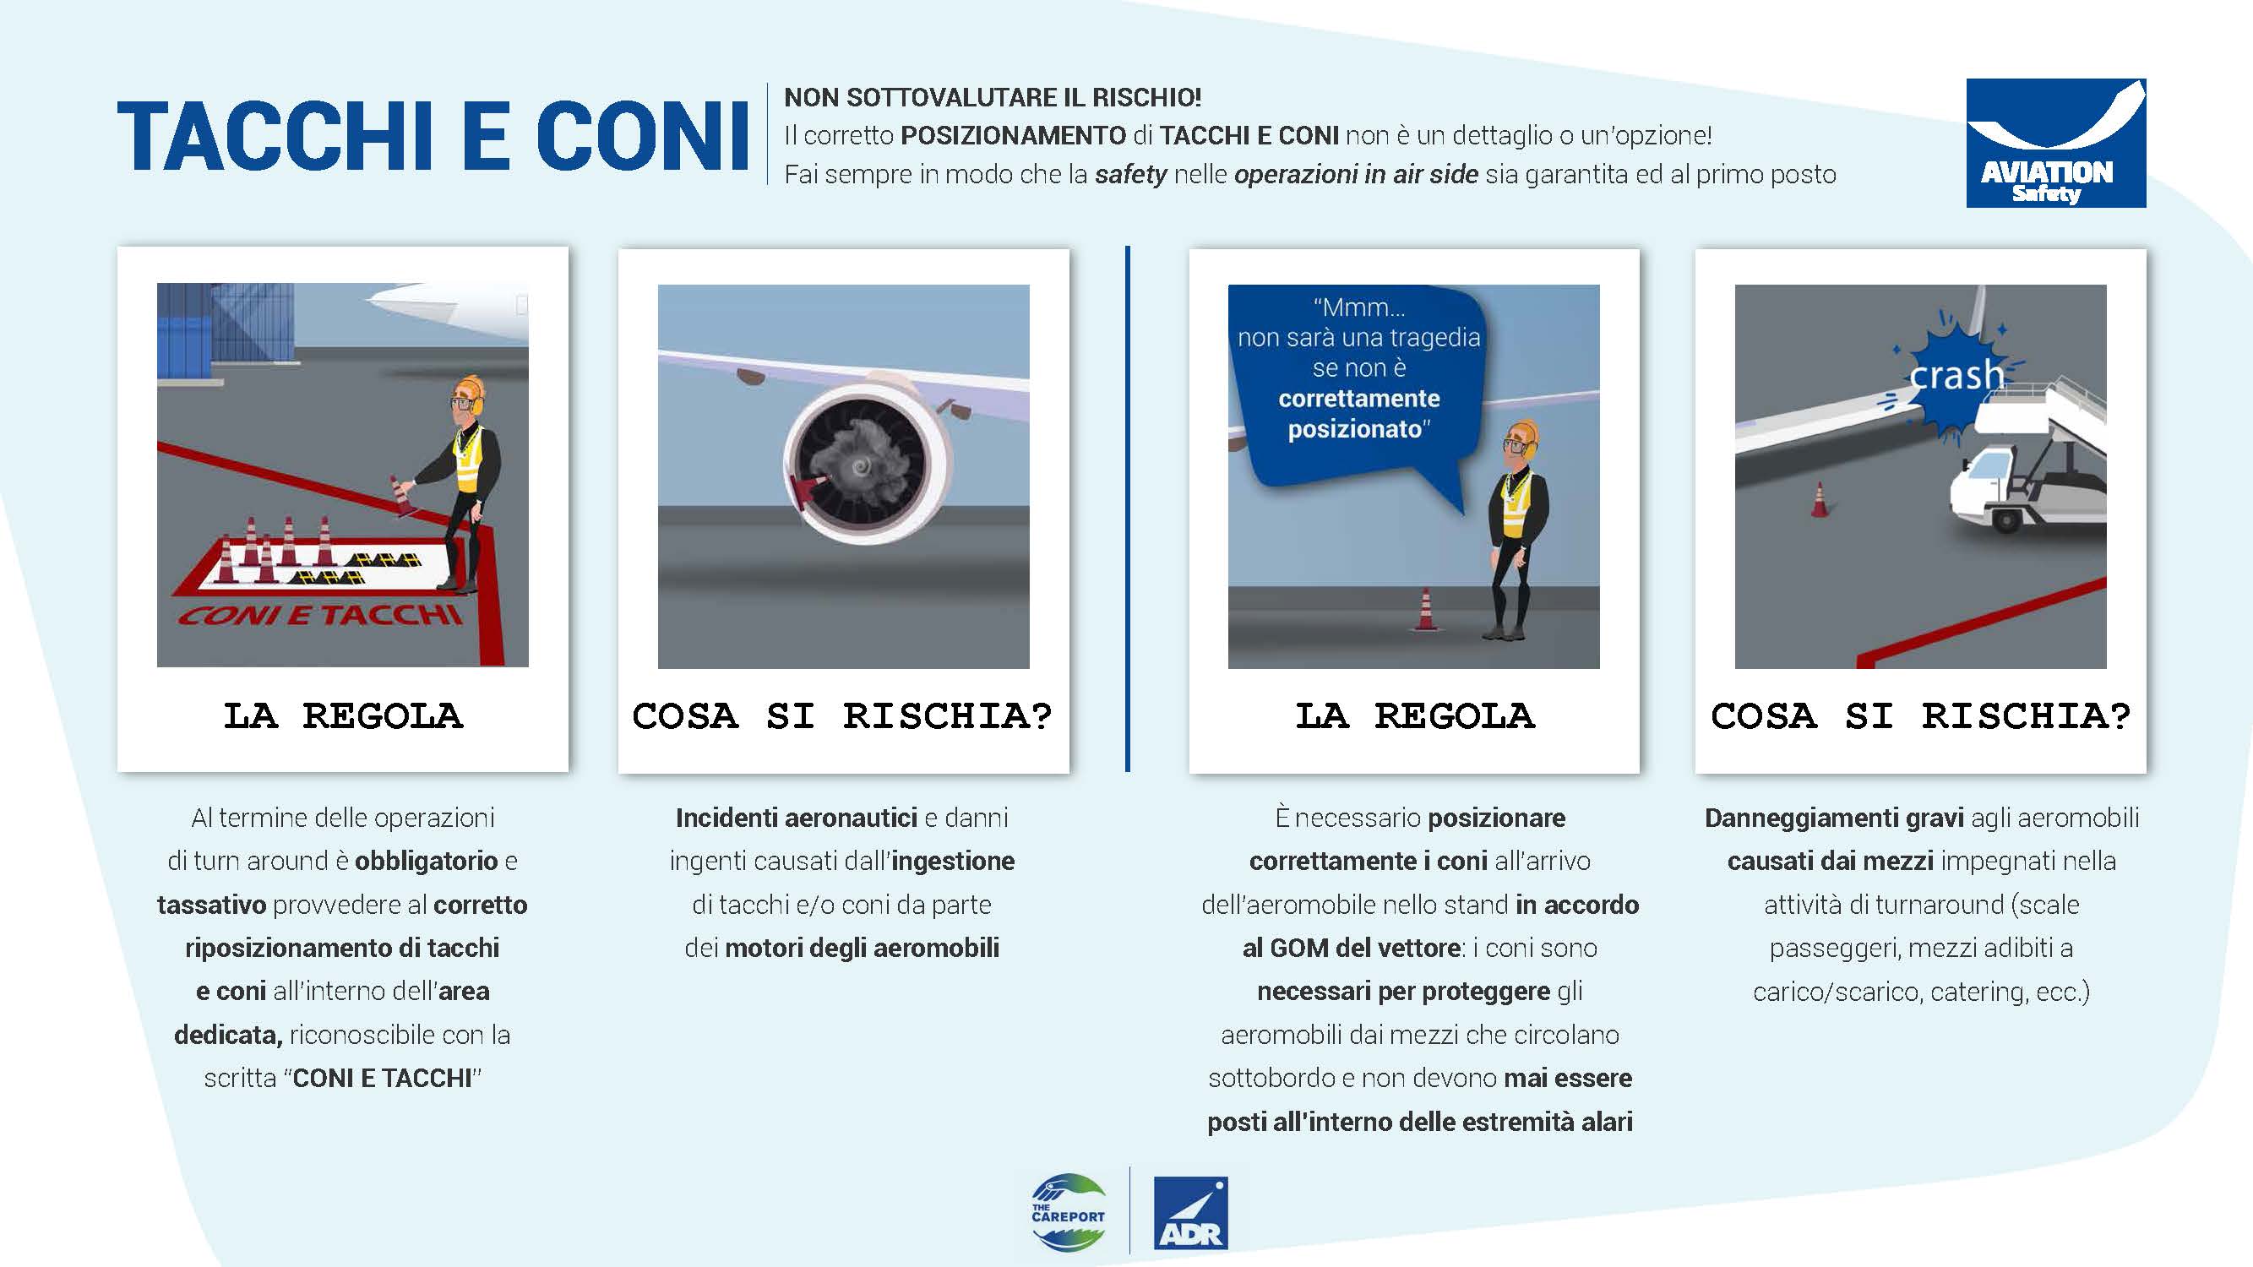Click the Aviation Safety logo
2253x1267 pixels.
pyautogui.click(x=2055, y=143)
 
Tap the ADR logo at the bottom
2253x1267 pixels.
pyautogui.click(x=1190, y=1213)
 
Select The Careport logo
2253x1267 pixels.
pyautogui.click(x=1068, y=1213)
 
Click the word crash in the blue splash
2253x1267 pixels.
pyautogui.click(x=1956, y=375)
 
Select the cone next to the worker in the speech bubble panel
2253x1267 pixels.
pyautogui.click(x=1426, y=610)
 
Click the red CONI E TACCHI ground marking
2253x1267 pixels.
pyautogui.click(x=320, y=615)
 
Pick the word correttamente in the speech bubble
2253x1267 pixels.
pyautogui.click(x=1358, y=399)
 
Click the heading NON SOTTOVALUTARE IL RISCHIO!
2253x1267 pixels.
pyautogui.click(x=993, y=97)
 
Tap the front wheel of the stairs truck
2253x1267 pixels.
pyautogui.click(x=2005, y=519)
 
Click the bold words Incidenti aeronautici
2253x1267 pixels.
pyautogui.click(x=796, y=818)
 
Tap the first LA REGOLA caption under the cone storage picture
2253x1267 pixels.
pyautogui.click(x=343, y=716)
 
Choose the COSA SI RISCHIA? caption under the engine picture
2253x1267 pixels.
pyautogui.click(x=842, y=716)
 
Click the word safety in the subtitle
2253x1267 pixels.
pyautogui.click(x=1131, y=175)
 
